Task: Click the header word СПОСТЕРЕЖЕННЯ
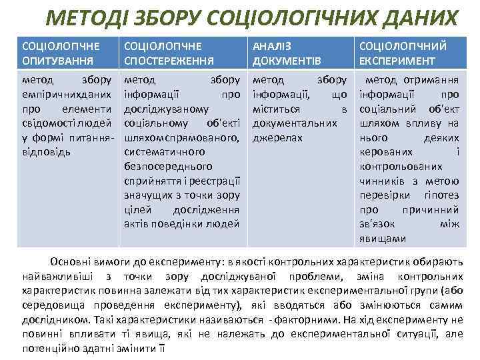click(169, 60)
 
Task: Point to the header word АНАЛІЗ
click(271, 46)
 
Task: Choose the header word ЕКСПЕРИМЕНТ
click(397, 60)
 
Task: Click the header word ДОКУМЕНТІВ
click(286, 60)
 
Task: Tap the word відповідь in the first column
click(47, 151)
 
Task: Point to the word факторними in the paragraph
click(313, 320)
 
